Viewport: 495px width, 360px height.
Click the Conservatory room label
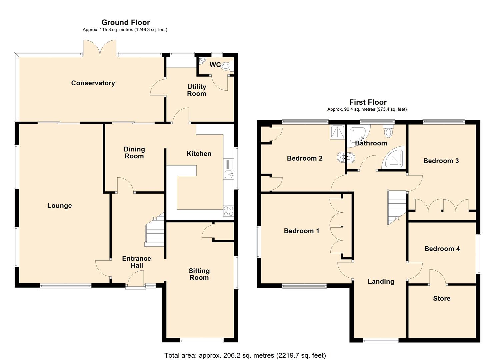(x=93, y=83)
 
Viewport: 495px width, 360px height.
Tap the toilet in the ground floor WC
(x=226, y=67)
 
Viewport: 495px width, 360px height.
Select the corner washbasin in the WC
(x=202, y=61)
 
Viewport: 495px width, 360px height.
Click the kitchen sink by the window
(x=229, y=174)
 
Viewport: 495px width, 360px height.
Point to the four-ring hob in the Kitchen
(x=228, y=211)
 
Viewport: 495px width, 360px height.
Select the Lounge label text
(x=59, y=206)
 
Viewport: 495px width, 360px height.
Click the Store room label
(x=442, y=298)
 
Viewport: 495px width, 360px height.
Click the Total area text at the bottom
(x=245, y=355)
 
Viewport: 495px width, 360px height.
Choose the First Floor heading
(x=368, y=102)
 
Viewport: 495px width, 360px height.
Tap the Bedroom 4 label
(x=442, y=249)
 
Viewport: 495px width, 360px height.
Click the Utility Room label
(x=196, y=90)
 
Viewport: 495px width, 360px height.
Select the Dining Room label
(x=134, y=153)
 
